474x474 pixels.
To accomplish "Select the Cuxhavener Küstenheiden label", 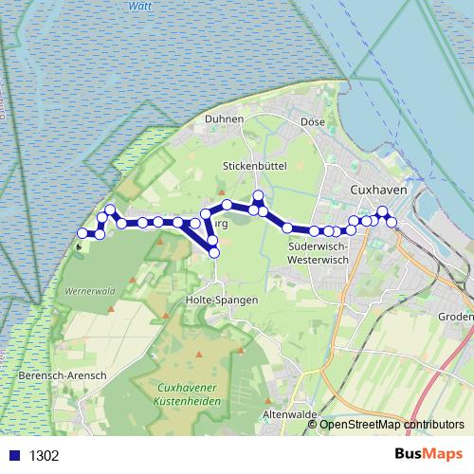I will [190, 394].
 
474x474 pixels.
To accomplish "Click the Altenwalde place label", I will [288, 415].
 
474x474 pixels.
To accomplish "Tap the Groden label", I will [456, 318].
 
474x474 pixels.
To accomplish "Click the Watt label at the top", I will [139, 6].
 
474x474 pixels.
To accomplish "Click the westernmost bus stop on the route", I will [82, 233].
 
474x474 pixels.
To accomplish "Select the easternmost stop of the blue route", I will [392, 222].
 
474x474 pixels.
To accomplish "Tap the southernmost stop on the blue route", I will [213, 253].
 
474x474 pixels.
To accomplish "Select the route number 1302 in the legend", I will [44, 455].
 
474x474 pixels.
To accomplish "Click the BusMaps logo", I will [430, 454].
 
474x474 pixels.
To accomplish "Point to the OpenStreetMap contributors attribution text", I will [392, 425].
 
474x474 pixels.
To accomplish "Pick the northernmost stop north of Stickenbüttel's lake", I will [258, 196].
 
